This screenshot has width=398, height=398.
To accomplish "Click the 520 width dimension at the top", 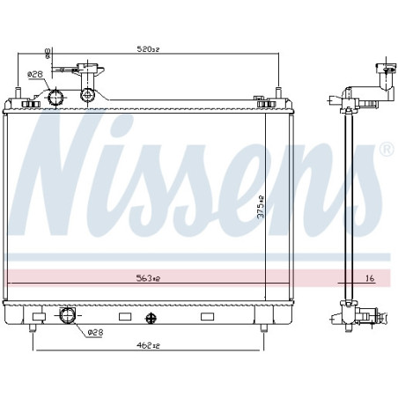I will point(148,50).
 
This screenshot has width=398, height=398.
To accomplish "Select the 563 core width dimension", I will point(148,278).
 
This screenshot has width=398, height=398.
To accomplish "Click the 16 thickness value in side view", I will point(370,278).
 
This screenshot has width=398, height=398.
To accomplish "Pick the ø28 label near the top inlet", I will point(34,74).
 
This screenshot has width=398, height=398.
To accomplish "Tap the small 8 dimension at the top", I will point(48,54).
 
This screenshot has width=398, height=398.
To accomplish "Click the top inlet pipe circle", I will point(57,96).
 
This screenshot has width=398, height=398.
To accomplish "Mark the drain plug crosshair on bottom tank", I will point(150,317).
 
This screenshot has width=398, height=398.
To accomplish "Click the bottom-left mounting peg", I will point(33,330).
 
